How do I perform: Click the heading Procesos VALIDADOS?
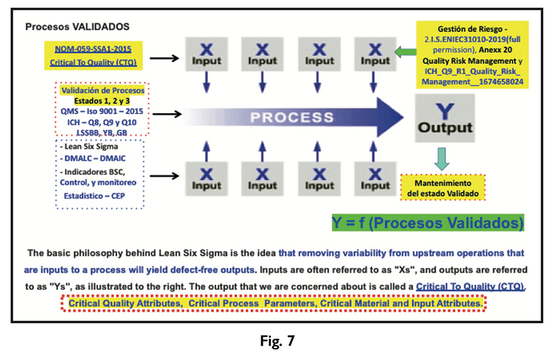click(x=77, y=27)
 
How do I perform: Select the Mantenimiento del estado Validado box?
click(x=442, y=188)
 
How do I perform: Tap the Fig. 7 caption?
click(x=277, y=342)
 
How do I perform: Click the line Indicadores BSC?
click(x=100, y=171)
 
